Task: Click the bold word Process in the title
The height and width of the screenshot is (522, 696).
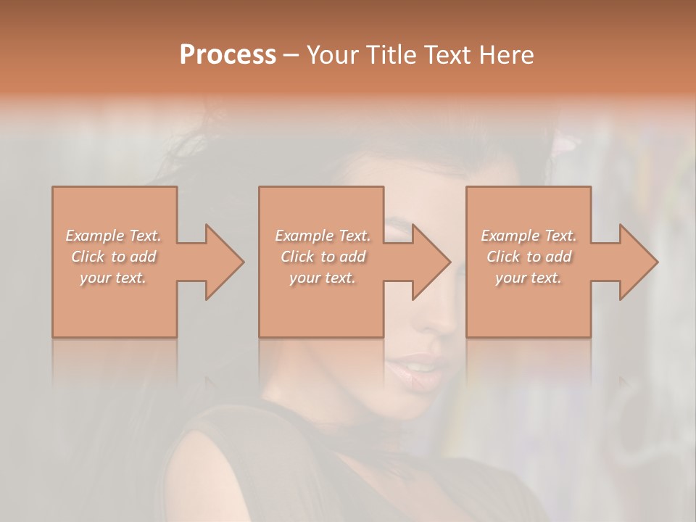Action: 228,55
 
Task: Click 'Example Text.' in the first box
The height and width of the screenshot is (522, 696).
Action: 113,236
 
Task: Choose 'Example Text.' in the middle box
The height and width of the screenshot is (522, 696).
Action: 322,236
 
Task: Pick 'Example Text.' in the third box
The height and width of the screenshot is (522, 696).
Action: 529,236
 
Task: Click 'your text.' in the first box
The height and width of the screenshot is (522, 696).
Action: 113,278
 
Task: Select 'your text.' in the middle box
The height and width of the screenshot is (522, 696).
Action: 322,278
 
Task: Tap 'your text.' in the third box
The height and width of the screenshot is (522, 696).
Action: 529,278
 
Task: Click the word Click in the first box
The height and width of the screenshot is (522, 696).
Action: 88,257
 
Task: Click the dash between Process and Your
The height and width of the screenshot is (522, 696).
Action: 291,55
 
